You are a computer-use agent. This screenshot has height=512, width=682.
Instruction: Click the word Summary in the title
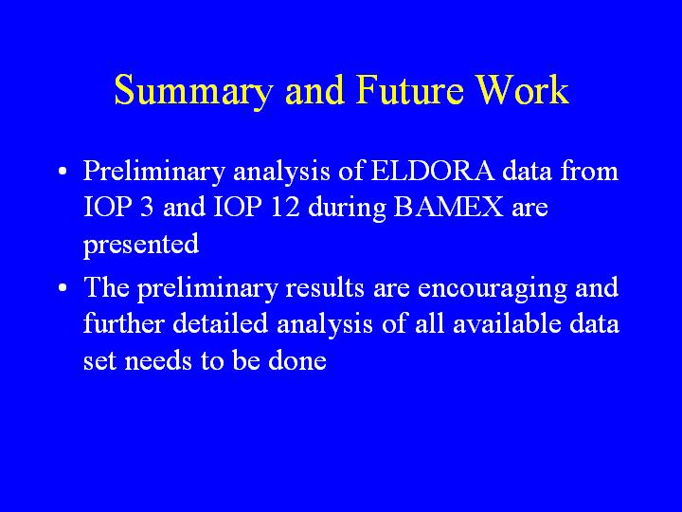(x=192, y=91)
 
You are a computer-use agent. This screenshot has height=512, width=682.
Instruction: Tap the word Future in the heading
(x=410, y=90)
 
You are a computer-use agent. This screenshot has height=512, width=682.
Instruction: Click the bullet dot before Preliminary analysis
(x=63, y=171)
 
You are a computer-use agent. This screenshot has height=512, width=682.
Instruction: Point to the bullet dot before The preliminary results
(x=63, y=288)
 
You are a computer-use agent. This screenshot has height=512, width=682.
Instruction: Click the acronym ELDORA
(x=432, y=171)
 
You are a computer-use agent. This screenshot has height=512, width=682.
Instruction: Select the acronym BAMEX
(x=448, y=207)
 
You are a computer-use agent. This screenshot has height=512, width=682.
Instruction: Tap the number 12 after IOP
(x=285, y=207)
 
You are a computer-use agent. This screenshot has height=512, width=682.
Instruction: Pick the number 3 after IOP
(x=147, y=207)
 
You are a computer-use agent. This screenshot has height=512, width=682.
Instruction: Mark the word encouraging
(x=492, y=289)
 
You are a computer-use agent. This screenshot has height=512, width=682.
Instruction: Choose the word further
(x=123, y=323)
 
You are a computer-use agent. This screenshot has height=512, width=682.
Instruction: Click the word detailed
(x=220, y=323)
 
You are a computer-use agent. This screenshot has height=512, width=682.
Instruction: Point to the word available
(x=507, y=323)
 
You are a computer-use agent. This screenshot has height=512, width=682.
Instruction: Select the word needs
(x=158, y=360)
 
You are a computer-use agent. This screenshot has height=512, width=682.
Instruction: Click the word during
(x=347, y=208)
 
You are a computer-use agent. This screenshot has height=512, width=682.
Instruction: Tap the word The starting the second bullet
(x=106, y=287)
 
